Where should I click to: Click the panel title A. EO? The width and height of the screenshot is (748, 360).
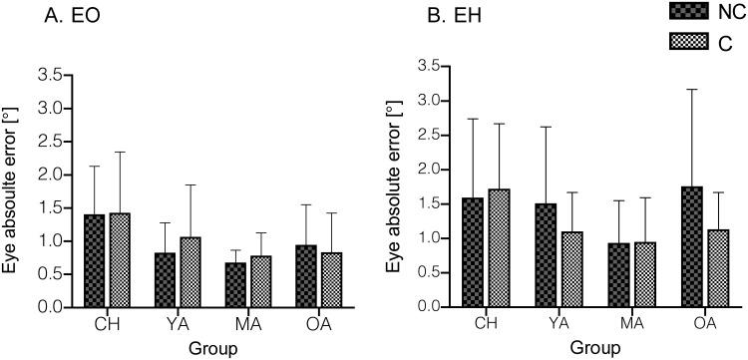click(60, 16)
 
